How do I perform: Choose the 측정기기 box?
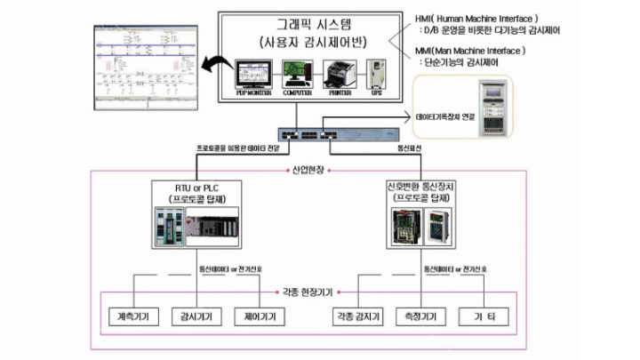click(421, 316)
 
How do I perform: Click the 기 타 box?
click(486, 316)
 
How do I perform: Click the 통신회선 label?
click(404, 150)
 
